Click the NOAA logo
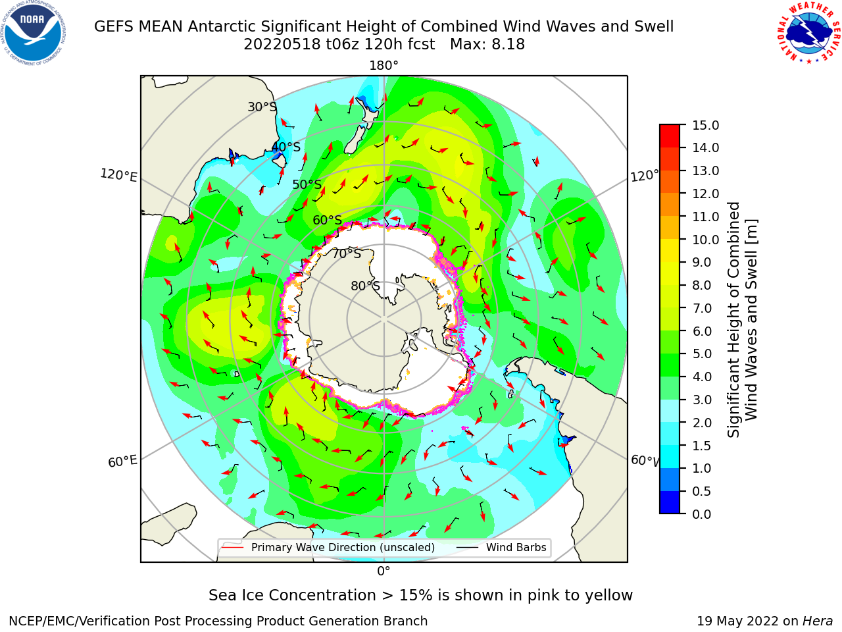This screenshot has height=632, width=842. tap(34, 34)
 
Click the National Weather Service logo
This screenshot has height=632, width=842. tap(808, 34)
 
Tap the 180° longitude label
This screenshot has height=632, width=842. tap(384, 66)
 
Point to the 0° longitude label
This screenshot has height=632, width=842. tap(384, 571)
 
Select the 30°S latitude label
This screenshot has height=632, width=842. tap(262, 107)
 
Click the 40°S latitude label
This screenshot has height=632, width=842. tap(286, 147)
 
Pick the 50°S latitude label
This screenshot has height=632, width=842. tap(307, 184)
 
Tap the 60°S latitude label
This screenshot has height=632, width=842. tap(327, 221)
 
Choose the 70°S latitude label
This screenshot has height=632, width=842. tap(347, 253)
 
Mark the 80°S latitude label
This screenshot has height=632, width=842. tap(365, 286)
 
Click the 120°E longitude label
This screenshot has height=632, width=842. tap(118, 175)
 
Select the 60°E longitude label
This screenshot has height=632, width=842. tap(122, 461)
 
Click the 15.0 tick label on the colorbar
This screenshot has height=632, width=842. tap(705, 125)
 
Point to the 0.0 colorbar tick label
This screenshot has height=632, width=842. tap(702, 514)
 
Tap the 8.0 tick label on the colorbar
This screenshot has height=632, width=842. tap(702, 286)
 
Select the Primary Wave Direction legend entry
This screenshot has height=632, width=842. tap(328, 547)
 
